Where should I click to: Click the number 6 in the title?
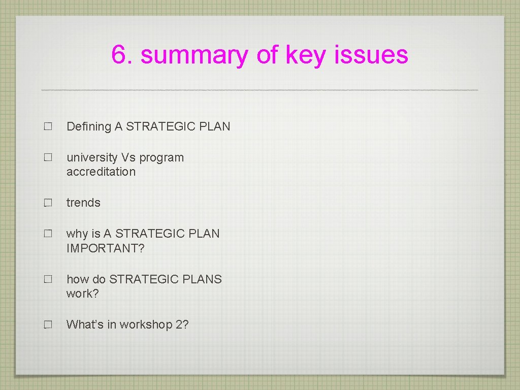(119, 55)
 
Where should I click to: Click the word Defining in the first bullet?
(89, 126)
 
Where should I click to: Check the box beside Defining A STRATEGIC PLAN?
(48, 127)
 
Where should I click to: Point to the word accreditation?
(101, 172)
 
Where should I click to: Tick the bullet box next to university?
(48, 158)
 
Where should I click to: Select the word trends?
(83, 203)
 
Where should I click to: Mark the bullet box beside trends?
(48, 203)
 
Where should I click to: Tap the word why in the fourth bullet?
(77, 234)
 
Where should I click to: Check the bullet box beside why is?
(48, 234)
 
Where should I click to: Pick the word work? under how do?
(82, 294)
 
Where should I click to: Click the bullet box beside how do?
(48, 279)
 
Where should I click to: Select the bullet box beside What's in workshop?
(48, 324)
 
